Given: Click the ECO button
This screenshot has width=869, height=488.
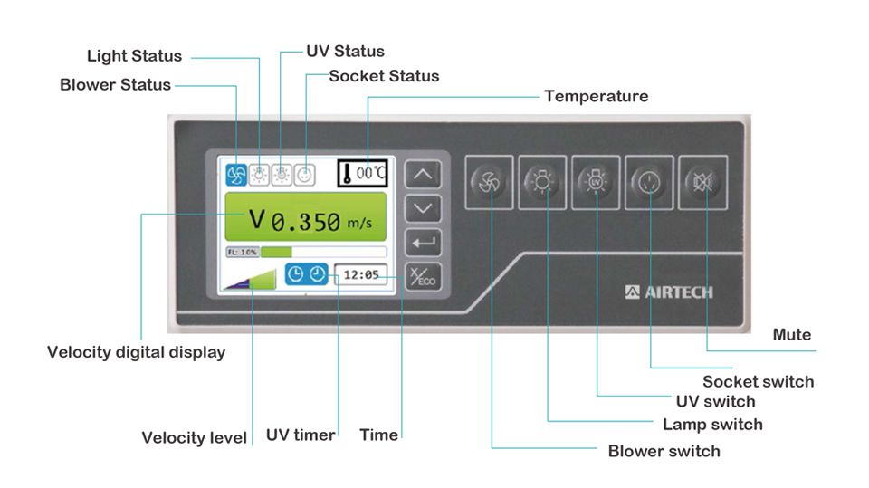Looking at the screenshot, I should (x=424, y=277).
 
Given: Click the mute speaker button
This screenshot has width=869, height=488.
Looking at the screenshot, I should (x=703, y=181).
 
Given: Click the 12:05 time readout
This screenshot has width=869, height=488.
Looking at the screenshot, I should (x=361, y=274).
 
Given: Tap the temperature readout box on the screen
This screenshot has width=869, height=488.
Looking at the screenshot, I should (x=362, y=172).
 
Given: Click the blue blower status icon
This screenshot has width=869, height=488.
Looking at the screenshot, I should (x=236, y=174).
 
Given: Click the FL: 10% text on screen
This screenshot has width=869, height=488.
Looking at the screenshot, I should (x=243, y=252).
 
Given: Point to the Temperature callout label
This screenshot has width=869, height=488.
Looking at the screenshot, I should (x=596, y=96).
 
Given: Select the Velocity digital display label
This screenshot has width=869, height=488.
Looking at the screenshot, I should (x=136, y=352).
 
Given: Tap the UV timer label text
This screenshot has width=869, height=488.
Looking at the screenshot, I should (x=301, y=435).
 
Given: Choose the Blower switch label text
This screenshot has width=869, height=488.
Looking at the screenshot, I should (x=664, y=451).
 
